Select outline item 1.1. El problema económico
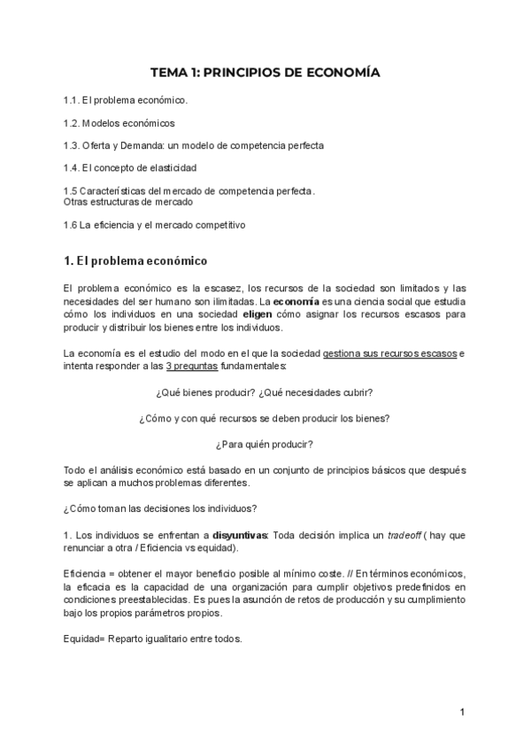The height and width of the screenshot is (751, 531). coord(126,100)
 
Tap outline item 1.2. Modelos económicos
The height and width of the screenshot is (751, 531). coord(119,122)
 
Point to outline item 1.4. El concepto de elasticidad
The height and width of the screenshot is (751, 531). coord(130,166)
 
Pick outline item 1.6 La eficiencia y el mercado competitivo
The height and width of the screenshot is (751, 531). coord(155,224)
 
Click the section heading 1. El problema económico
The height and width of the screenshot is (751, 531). coord(135,261)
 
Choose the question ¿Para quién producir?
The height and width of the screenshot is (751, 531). coord(265,443)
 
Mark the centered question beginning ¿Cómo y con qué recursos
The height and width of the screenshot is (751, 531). coord(265,417)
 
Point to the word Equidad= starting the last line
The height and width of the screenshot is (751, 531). coord(85,639)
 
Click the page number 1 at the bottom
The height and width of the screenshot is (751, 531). coord(463,712)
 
